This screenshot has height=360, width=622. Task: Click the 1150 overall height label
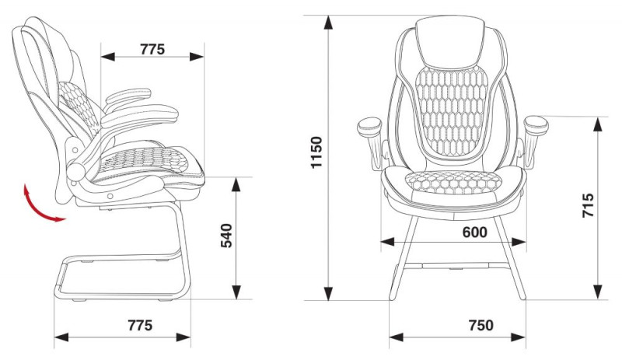point(316,152)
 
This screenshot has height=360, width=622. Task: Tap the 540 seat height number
point(226,236)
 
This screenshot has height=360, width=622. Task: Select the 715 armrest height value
point(589,205)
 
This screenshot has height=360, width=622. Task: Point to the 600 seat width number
point(474,232)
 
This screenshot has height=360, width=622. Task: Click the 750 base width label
point(481,326)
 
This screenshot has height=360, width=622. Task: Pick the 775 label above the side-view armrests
point(152,49)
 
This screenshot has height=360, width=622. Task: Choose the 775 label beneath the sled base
point(140,326)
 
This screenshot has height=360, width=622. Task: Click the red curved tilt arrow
point(38,208)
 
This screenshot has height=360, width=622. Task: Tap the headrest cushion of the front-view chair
point(450,43)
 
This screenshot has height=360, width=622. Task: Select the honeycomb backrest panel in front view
point(453,111)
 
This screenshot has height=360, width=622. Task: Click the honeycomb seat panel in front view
point(453,183)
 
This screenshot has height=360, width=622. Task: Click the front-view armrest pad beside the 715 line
point(536,125)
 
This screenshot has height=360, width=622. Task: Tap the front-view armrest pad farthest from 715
point(369,127)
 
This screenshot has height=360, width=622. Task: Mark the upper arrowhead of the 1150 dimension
point(328,23)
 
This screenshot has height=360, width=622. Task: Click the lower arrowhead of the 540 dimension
point(236,292)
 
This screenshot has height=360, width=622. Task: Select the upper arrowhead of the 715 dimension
point(598,124)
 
